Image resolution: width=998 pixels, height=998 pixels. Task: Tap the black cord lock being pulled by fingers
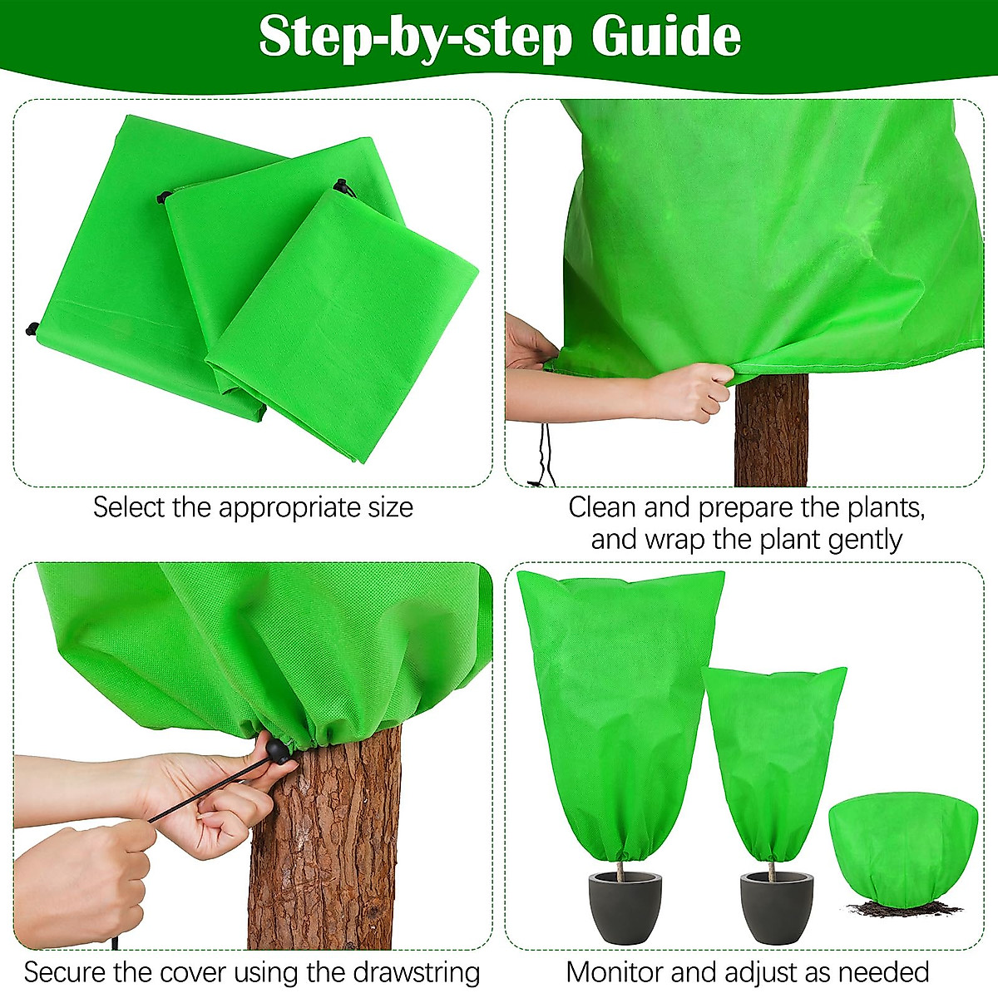pyautogui.click(x=278, y=750)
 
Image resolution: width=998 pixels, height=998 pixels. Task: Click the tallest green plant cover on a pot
pyautogui.click(x=620, y=715)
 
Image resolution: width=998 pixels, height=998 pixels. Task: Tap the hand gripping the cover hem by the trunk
pyautogui.click(x=690, y=391)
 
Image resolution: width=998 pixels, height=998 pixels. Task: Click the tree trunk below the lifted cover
pyautogui.click(x=771, y=432)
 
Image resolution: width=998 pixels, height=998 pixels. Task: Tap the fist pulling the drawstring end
pyautogui.click(x=79, y=882)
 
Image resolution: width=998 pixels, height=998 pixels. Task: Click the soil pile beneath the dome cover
pyautogui.click(x=894, y=907)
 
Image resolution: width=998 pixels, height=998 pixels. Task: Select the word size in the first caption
pyautogui.click(x=388, y=507)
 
